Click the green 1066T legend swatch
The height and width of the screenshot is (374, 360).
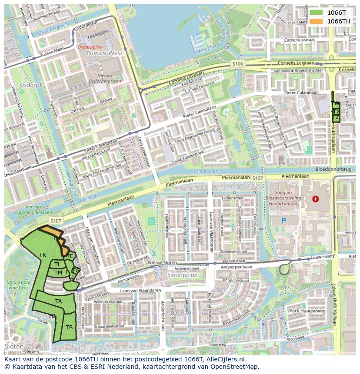[x=316, y=13]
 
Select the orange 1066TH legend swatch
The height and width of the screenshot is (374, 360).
[x=316, y=21]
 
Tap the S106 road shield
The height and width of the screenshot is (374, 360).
[x=238, y=64]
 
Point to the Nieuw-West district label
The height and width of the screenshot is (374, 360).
[x=105, y=53]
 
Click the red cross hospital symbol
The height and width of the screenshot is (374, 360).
[x=315, y=199]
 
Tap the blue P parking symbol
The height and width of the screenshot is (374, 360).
[x=284, y=221]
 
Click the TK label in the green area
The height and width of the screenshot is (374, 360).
[x=43, y=255]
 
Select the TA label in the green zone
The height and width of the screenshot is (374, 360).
[x=58, y=301]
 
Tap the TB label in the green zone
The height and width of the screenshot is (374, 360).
[x=69, y=327]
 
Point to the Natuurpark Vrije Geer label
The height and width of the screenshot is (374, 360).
[x=17, y=285]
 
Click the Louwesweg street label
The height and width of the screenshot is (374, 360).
[x=323, y=257]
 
